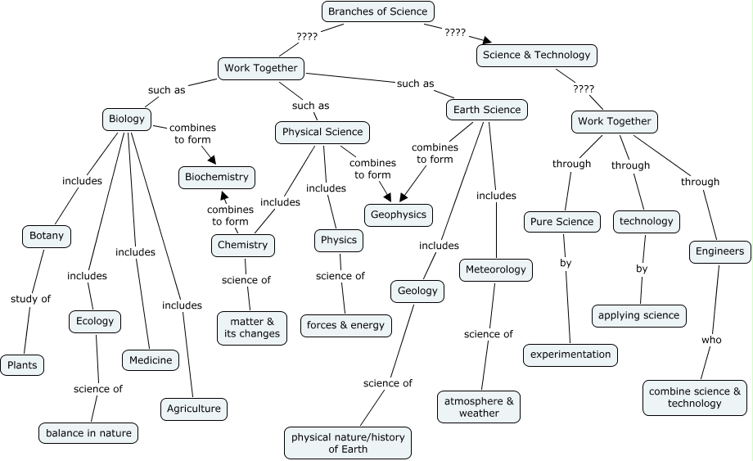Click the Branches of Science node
(376, 11)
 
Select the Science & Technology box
(536, 55)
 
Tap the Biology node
(126, 119)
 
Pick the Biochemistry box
(216, 177)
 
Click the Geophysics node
(399, 215)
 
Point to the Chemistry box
(242, 244)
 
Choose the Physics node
(338, 240)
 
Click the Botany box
(46, 236)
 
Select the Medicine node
(151, 359)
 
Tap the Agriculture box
(193, 408)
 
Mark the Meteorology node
(496, 269)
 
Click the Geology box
(417, 290)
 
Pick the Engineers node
(719, 251)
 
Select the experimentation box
(570, 354)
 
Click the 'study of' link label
(30, 298)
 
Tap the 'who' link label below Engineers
(711, 340)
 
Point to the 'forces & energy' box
(345, 325)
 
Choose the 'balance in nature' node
(88, 432)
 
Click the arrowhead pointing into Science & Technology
(489, 40)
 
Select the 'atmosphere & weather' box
(479, 406)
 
